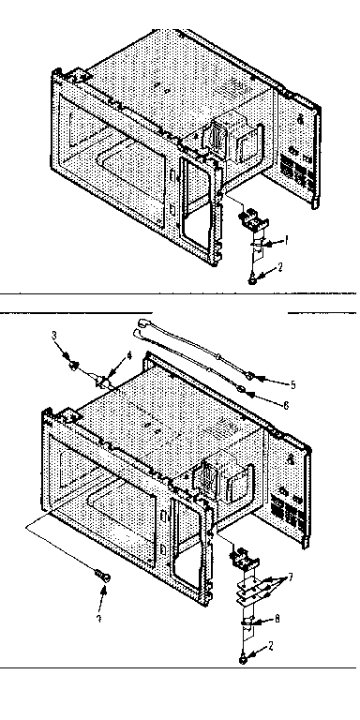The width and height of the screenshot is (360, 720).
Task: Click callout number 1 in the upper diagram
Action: [x=285, y=239]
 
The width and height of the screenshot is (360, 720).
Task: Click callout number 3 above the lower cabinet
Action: [x=55, y=335]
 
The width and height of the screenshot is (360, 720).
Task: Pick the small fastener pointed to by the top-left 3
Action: [x=71, y=360]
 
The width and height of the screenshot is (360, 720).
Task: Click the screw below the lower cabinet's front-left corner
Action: [x=103, y=574]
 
